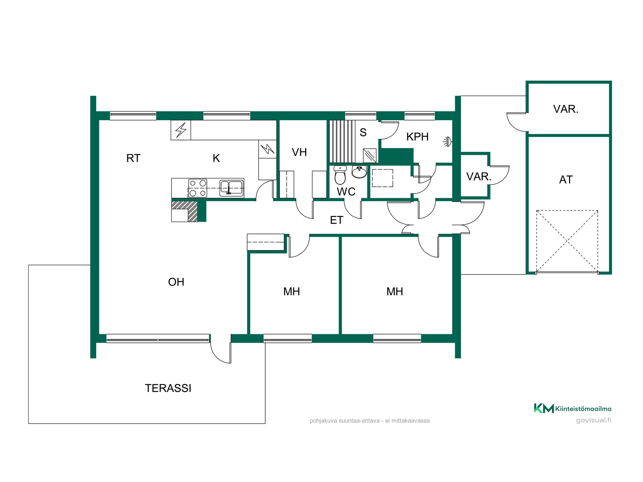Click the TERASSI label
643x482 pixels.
168,388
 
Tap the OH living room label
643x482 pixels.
176,282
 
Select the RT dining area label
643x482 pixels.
133,158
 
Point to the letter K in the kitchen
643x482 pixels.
216,158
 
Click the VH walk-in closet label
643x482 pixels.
299,152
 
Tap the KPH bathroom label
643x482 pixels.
417,137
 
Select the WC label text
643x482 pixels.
346,192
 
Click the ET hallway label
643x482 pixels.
337,220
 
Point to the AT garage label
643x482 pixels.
566,180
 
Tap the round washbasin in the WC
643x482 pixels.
359,172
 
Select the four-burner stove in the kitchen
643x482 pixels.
198,188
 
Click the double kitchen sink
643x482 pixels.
231,188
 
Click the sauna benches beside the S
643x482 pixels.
342,141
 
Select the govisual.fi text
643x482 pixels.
594,420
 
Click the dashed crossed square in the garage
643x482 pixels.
567,241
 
